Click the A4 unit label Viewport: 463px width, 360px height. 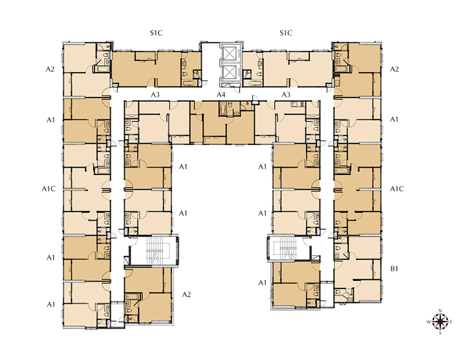coord(221,95)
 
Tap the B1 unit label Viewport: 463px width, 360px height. coord(394,269)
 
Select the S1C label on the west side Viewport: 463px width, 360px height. coord(156,33)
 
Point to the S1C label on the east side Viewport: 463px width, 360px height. coord(286,33)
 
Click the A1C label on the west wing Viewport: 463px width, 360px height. coord(48,189)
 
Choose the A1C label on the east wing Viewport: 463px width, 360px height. coord(397,189)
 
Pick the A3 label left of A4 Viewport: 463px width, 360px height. coord(155,95)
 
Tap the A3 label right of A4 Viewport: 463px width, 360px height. coord(286,95)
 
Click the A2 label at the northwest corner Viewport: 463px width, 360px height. coord(50,69)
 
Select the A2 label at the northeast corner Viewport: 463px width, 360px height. coord(394,69)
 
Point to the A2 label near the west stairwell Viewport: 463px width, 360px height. coord(186,294)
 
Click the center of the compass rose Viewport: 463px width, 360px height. coord(440,321)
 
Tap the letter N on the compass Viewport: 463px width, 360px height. coord(440,311)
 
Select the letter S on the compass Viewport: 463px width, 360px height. coord(440,333)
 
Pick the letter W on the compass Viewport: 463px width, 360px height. coord(428,322)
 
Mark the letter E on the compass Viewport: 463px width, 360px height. coord(451,322)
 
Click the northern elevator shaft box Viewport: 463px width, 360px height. coord(230,53)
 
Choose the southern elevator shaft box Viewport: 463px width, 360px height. coord(230,73)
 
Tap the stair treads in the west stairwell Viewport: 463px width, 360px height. coord(154,250)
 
